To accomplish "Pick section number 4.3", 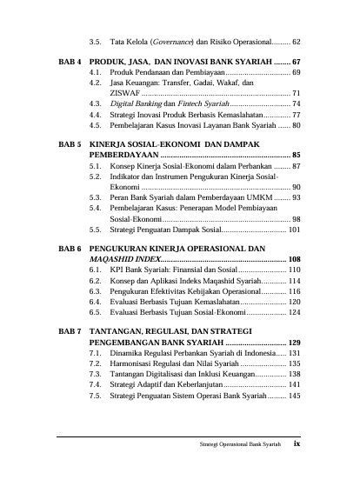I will [95, 102].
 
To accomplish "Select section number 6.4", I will [95, 299].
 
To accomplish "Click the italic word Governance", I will [177, 41].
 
